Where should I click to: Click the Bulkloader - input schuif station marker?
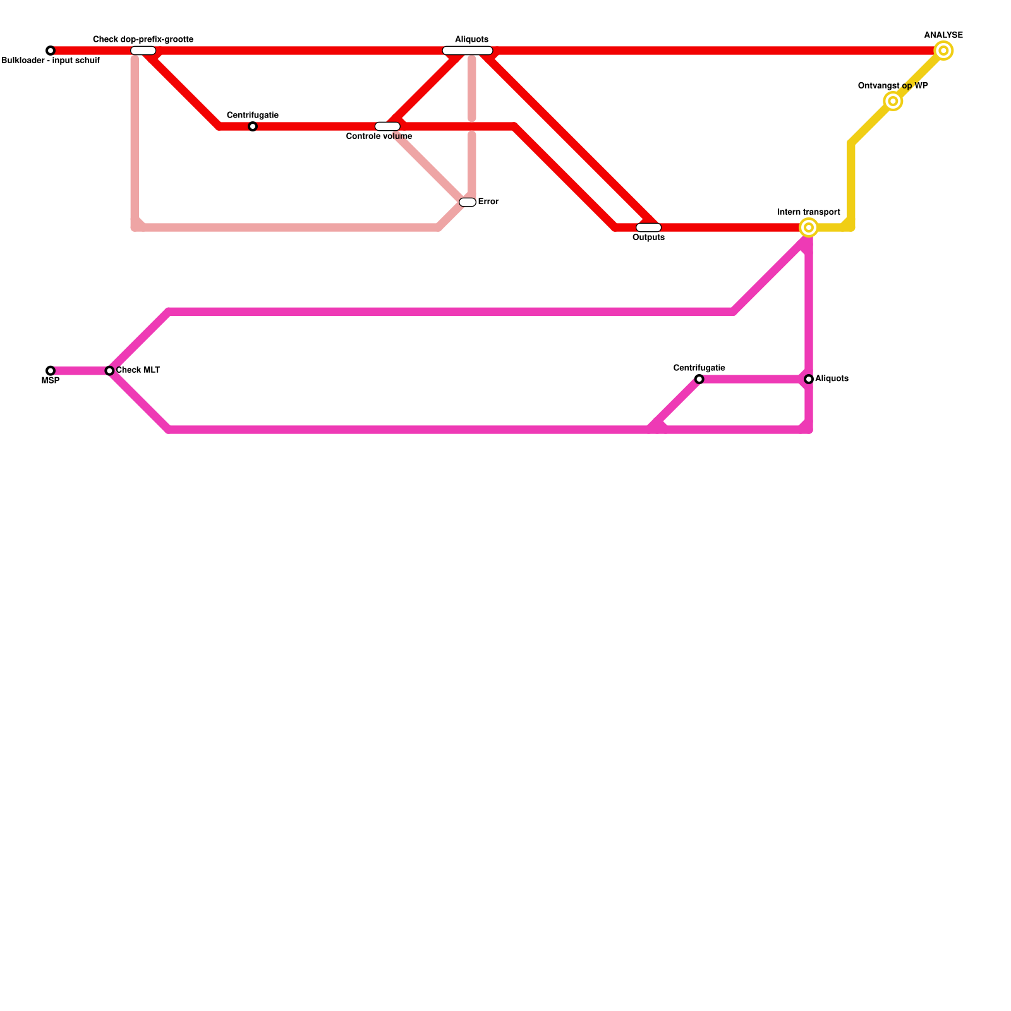51,51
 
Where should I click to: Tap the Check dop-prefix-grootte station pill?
143,51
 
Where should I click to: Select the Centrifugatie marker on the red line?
253,126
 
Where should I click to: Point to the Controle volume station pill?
387,126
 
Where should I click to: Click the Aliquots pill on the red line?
468,51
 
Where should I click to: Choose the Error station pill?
468,202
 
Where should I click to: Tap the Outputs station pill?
648,227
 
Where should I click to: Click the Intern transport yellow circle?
809,227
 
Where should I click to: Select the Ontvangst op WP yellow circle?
893,101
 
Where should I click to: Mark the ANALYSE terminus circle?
943,51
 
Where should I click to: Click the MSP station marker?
51,371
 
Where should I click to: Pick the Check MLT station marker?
109,371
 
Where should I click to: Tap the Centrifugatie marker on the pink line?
699,379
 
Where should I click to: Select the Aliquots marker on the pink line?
809,379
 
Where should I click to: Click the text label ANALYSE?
943,35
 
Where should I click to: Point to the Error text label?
488,202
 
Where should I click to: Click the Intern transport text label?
809,212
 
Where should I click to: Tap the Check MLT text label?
138,370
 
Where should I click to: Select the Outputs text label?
648,238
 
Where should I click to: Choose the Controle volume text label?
379,136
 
